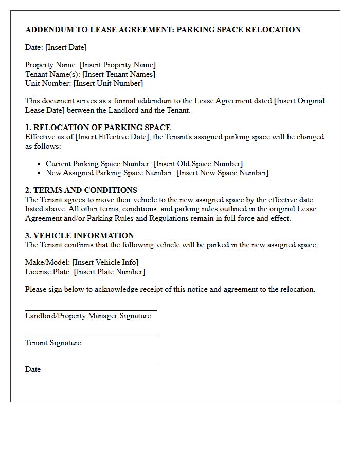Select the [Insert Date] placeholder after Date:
click(66, 47)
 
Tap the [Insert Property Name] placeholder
click(118, 65)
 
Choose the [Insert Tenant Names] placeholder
click(119, 74)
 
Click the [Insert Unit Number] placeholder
click(108, 83)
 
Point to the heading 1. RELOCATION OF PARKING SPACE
click(98, 128)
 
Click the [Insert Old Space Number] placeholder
click(198, 164)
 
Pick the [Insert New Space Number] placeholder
click(222, 173)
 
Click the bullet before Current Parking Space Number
click(39, 164)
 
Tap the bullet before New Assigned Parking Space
click(39, 173)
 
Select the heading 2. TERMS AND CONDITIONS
click(81, 190)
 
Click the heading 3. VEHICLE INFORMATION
click(80, 236)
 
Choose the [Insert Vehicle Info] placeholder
click(105, 262)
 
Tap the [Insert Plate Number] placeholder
click(110, 272)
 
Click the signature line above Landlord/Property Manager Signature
click(91, 311)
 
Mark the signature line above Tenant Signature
click(91, 337)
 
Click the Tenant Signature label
click(53, 343)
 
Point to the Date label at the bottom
click(33, 369)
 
